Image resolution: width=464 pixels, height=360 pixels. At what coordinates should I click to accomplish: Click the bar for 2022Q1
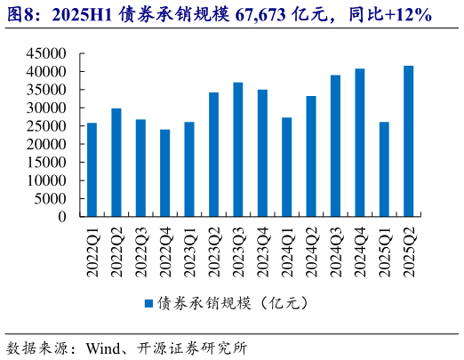92,169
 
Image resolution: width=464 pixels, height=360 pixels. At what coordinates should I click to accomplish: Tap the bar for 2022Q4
165,172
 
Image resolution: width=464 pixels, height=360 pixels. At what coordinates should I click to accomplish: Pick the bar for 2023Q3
238,149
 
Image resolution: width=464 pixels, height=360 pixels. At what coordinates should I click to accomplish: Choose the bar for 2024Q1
286,166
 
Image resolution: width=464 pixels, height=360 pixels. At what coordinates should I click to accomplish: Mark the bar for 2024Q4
359,142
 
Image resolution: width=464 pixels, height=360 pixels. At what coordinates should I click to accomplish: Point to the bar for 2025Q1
384,169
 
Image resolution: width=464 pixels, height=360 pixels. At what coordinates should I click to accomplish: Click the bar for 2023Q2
213,154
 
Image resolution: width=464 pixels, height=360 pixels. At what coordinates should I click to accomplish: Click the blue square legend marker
149,303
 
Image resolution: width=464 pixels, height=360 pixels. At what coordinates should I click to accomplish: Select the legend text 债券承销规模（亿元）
233,303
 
